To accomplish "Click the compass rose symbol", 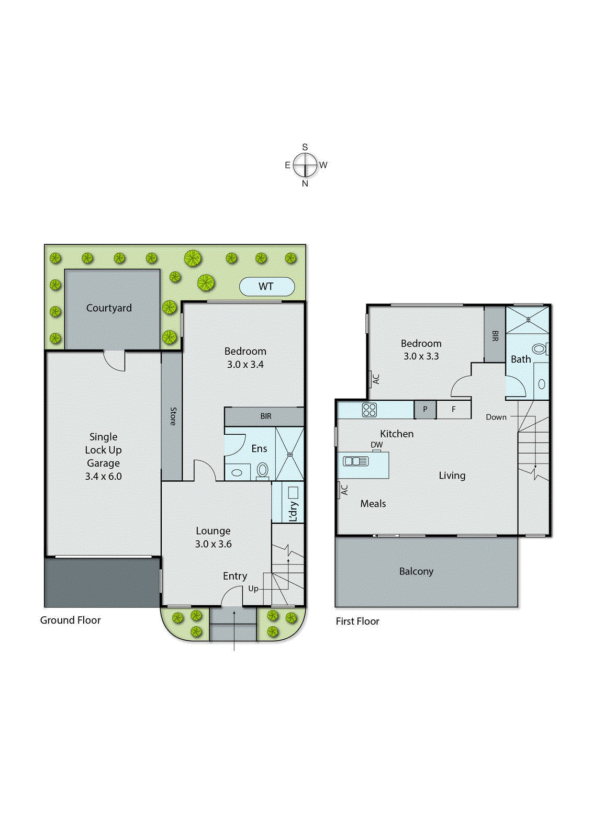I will click(x=305, y=165).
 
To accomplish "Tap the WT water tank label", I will click(x=266, y=286).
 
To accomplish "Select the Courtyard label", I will click(x=109, y=308).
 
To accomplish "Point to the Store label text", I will click(x=173, y=416).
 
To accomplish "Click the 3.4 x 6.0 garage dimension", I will click(x=103, y=476).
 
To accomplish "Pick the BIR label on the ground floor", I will click(x=266, y=416).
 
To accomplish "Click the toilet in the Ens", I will click(x=263, y=470).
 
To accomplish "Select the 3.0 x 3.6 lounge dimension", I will click(x=213, y=544).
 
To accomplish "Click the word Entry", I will click(x=235, y=576).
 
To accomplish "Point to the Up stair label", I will click(x=253, y=589).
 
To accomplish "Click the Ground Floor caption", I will click(x=70, y=620).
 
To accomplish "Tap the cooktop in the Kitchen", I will click(x=370, y=410).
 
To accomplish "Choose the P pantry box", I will click(x=425, y=409).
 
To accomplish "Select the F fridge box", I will click(x=454, y=409).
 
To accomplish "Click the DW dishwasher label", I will click(x=377, y=445).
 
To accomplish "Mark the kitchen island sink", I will click(x=356, y=461).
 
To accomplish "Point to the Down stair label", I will click(x=496, y=417).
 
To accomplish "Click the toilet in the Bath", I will click(x=539, y=348).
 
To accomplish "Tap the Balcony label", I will click(x=416, y=571).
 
